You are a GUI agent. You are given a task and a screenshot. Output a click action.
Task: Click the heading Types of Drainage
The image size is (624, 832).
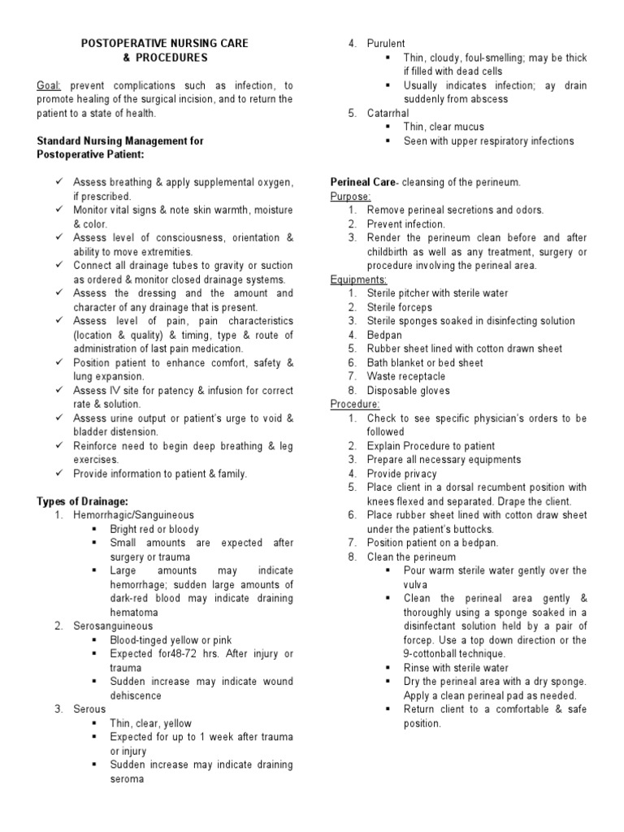[x=83, y=501]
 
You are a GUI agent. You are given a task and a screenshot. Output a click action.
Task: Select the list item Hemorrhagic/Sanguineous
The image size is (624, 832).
[x=133, y=515]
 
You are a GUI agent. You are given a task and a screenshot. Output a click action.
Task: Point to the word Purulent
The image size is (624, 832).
[x=386, y=44]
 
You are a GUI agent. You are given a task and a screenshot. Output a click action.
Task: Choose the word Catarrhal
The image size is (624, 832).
[x=388, y=113]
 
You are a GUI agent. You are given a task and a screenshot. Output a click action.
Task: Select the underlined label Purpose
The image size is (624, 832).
[x=350, y=197]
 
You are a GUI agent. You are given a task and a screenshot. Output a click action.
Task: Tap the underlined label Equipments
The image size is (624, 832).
[x=357, y=279]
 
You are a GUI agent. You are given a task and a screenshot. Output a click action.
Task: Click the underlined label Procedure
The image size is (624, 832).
[x=354, y=405]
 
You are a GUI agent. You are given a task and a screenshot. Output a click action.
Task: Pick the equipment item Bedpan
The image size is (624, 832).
[x=385, y=335]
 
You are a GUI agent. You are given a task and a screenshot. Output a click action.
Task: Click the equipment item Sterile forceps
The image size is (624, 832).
[x=400, y=307]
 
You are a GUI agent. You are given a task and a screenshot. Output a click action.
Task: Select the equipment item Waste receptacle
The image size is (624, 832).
[x=406, y=377]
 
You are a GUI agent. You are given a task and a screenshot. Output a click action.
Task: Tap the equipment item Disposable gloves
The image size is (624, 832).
[x=408, y=391]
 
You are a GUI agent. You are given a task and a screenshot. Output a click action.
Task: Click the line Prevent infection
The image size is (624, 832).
[x=406, y=224]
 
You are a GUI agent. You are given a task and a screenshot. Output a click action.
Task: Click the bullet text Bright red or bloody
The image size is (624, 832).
[x=155, y=530]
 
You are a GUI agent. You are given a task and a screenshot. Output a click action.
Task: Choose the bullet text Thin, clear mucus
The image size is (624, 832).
[x=444, y=127]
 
